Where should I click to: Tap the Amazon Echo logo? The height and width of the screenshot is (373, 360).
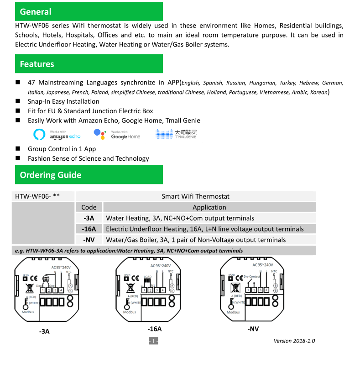point(57,134)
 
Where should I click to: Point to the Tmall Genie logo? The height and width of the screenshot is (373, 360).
point(176,134)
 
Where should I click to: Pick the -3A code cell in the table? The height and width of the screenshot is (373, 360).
point(89,218)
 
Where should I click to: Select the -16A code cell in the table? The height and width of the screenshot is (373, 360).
point(89,229)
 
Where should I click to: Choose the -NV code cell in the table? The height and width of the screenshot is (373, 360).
point(89,240)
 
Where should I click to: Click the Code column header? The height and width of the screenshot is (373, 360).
point(89,207)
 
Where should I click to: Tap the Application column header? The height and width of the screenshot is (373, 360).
point(209,207)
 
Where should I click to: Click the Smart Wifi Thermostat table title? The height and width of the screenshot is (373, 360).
point(196,196)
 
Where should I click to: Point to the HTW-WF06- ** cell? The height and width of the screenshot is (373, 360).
point(37,196)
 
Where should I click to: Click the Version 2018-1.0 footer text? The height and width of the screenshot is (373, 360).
point(294,341)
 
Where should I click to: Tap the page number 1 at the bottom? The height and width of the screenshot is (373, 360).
point(153,341)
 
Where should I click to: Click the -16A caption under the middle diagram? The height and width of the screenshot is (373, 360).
point(155,329)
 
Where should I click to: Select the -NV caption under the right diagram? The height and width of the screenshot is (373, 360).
point(253,329)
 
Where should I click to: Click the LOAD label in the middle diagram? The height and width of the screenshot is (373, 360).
point(147,277)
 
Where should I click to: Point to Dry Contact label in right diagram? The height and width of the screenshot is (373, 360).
point(252,277)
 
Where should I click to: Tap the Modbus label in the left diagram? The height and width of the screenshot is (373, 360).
point(28,313)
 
